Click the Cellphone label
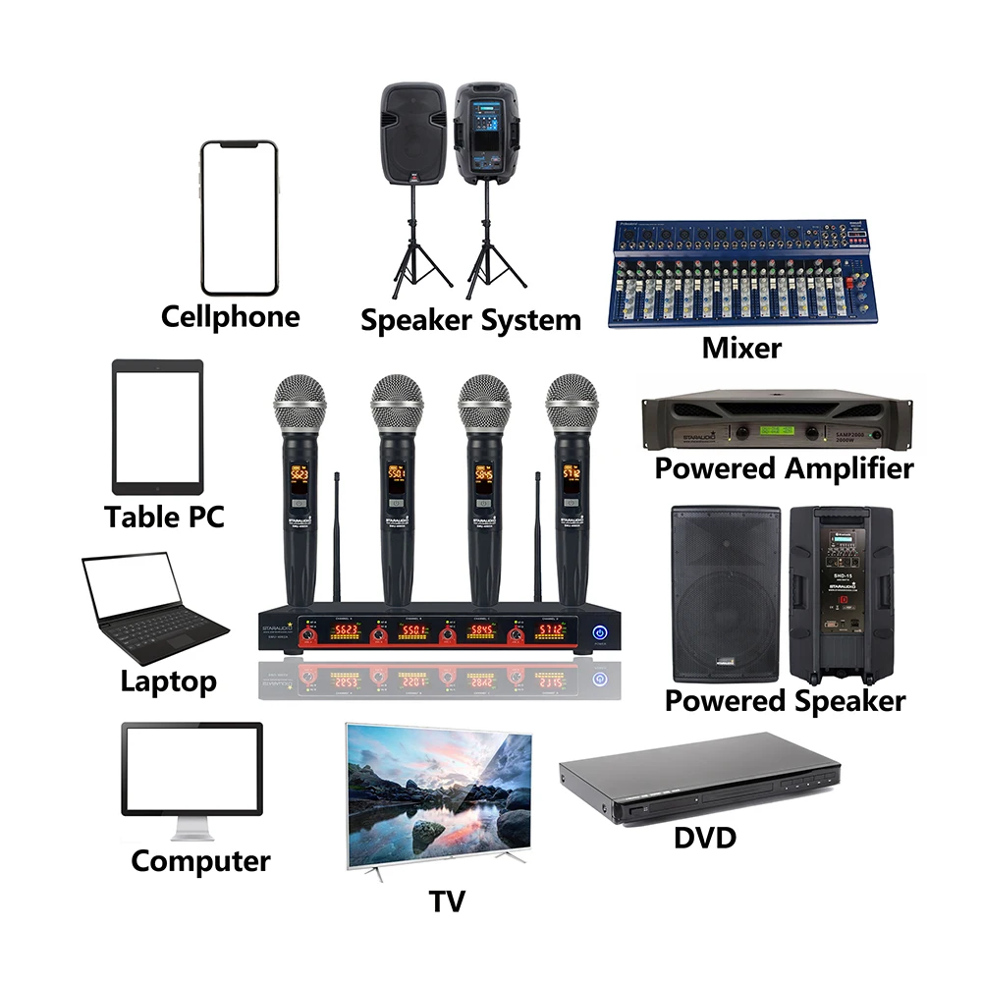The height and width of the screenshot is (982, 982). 231,317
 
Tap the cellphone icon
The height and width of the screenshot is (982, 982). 240,218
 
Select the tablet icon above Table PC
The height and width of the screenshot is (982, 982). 157,426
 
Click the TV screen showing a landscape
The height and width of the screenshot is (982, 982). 439,788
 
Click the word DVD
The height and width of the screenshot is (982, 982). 705,837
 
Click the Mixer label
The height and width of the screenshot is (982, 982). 742,347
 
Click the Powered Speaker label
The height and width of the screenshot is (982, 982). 785,700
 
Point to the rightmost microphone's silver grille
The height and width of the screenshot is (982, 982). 572,401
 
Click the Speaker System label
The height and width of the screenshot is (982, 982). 470,320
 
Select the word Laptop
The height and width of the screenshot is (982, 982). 168,681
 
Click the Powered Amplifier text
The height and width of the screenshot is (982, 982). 784,468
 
